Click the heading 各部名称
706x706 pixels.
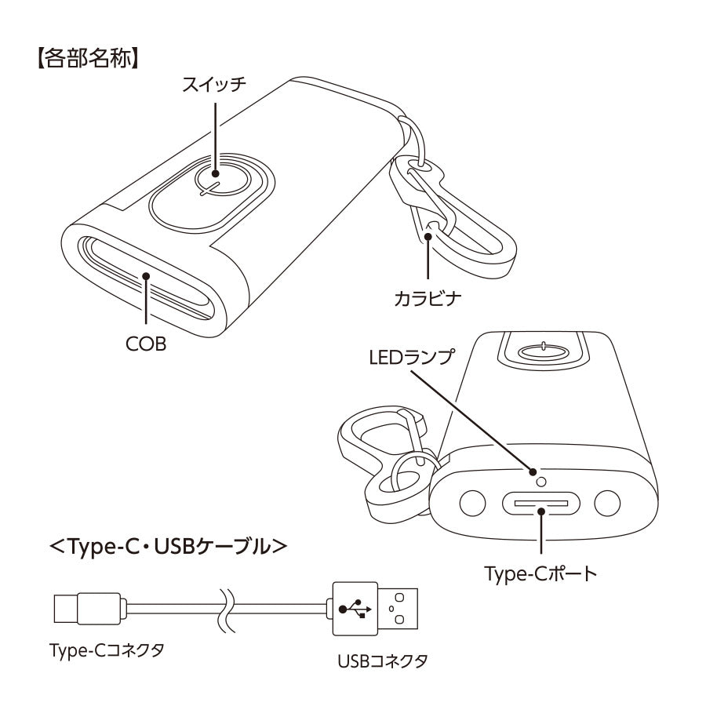coord(87,60)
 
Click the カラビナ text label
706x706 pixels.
coord(428,299)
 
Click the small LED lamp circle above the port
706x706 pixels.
coord(535,474)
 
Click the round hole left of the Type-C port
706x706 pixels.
coord(472,503)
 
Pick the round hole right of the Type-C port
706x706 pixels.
coord(607,503)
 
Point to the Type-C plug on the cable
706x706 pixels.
coord(87,608)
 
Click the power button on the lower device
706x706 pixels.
coord(544,348)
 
